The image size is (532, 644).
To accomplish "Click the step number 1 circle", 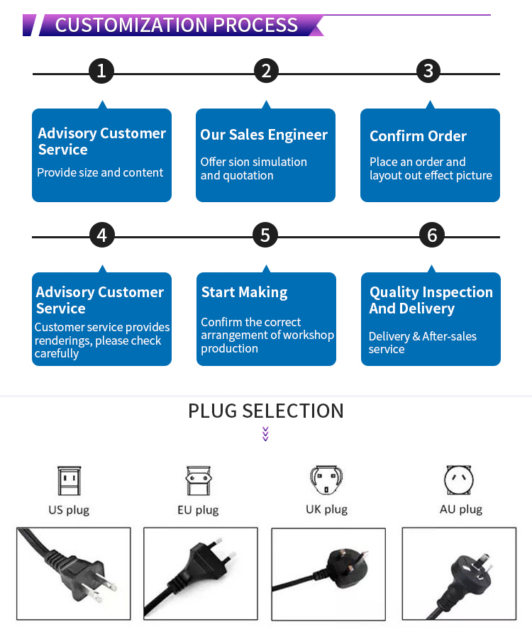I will pyautogui.click(x=101, y=71).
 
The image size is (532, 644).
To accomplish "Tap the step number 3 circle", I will pyautogui.click(x=428, y=71).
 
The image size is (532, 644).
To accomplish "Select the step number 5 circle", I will pyautogui.click(x=265, y=235).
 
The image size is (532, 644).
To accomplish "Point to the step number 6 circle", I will pyautogui.click(x=432, y=235).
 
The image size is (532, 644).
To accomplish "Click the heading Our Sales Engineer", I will pyautogui.click(x=264, y=135).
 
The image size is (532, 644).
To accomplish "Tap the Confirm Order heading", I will pyautogui.click(x=418, y=136).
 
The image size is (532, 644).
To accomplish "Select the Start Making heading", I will pyautogui.click(x=244, y=292).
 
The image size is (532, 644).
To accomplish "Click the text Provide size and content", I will pyautogui.click(x=100, y=172).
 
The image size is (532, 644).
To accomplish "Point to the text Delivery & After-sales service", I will pyautogui.click(x=422, y=343).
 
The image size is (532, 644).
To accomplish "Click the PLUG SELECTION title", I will pyautogui.click(x=265, y=411).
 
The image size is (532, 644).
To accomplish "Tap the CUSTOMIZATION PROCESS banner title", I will pyautogui.click(x=177, y=25).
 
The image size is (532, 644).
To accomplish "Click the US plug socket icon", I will pyautogui.click(x=69, y=480).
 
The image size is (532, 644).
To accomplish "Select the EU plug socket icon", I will pyautogui.click(x=197, y=480).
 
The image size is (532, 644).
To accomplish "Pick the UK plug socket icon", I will pyautogui.click(x=326, y=480).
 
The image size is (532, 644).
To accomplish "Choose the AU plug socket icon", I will pyautogui.click(x=460, y=480).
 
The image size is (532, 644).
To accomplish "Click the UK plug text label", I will pyautogui.click(x=326, y=509).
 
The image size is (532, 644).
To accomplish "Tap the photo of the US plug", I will pyautogui.click(x=74, y=574).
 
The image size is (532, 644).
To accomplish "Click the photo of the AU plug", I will pyautogui.click(x=459, y=574).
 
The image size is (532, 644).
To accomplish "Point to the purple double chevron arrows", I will pyautogui.click(x=265, y=433).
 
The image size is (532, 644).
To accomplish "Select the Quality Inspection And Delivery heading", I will pyautogui.click(x=431, y=300).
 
